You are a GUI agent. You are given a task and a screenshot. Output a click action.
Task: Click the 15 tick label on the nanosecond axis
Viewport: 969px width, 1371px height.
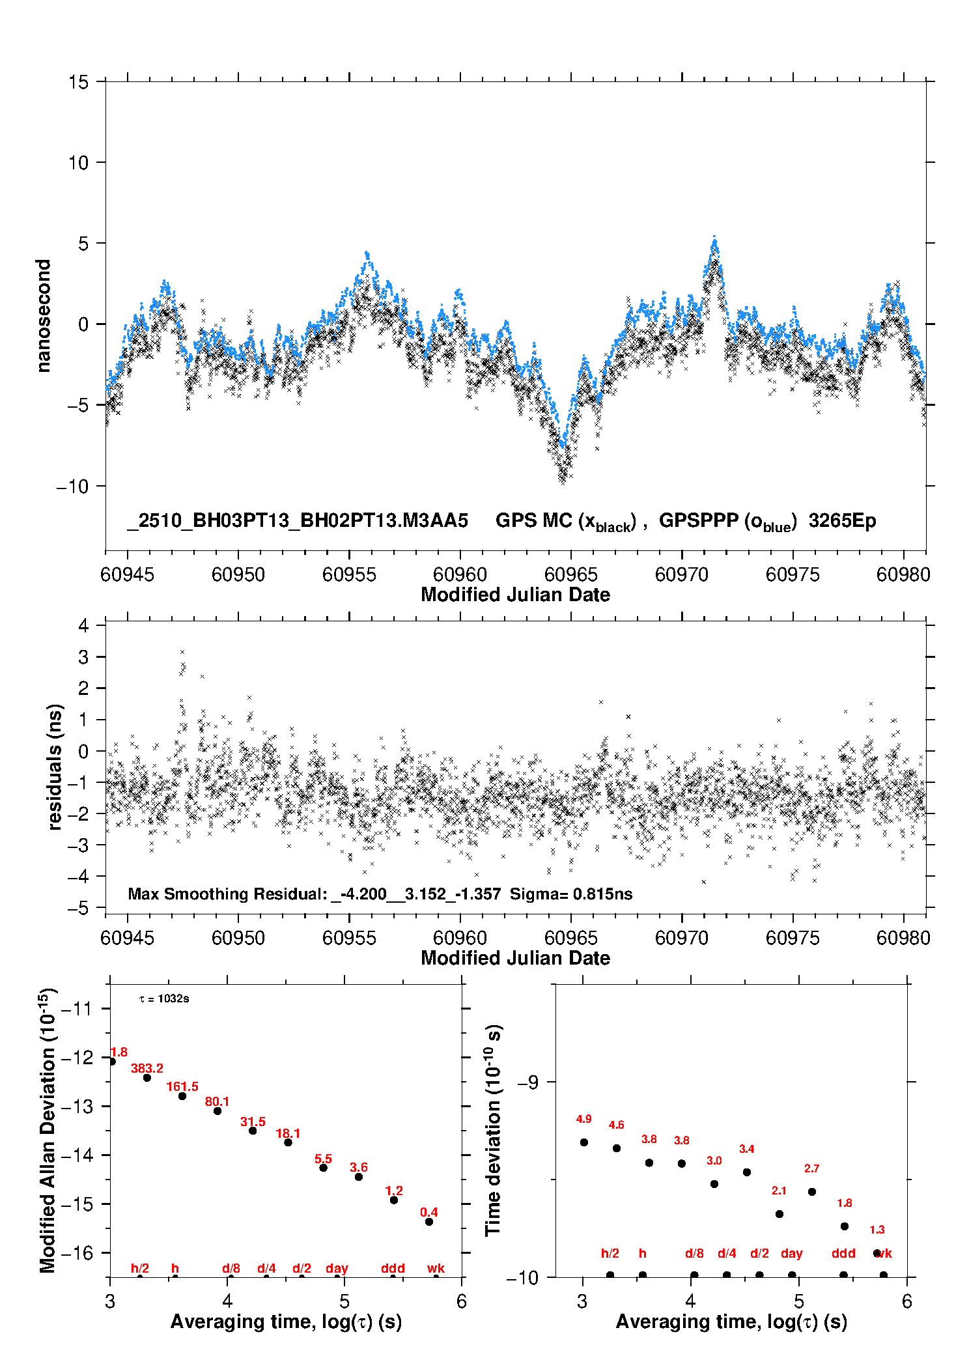click(x=78, y=82)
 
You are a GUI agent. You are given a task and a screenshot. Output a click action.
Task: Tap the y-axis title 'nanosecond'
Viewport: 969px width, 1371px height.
click(x=43, y=316)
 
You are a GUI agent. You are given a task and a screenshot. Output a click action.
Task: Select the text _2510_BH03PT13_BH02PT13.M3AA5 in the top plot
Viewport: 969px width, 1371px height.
click(x=298, y=520)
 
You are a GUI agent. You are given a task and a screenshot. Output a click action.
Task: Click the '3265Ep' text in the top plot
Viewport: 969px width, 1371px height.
click(x=842, y=520)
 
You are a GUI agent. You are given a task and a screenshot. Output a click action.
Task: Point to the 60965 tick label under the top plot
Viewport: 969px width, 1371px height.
click(x=570, y=574)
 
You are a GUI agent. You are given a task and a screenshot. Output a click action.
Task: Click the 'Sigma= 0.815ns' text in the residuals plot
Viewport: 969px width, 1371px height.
click(x=570, y=894)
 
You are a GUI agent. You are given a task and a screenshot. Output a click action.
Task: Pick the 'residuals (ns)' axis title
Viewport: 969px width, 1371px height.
click(x=55, y=767)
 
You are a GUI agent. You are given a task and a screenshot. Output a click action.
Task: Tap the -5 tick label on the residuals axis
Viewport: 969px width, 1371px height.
click(x=78, y=908)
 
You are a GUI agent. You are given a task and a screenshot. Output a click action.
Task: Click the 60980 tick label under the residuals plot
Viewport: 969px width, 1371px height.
click(x=903, y=938)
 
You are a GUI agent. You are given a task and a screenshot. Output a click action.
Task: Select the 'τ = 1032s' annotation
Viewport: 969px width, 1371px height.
click(x=164, y=998)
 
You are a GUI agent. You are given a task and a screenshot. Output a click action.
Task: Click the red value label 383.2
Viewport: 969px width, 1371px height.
click(x=147, y=1068)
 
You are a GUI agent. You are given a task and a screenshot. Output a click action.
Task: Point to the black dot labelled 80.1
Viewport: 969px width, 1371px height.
click(x=218, y=1110)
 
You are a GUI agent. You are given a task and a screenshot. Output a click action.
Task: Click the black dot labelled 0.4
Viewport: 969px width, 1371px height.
click(x=429, y=1222)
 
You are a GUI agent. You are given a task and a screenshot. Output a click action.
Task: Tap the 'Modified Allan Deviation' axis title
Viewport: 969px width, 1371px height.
click(x=47, y=1131)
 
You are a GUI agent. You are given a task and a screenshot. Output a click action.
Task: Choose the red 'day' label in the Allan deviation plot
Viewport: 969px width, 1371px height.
click(x=337, y=1268)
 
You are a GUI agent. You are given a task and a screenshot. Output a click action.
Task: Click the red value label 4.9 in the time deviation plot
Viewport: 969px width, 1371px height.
click(x=583, y=1119)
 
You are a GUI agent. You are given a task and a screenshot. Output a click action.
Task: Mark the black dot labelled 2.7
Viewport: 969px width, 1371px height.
click(x=812, y=1192)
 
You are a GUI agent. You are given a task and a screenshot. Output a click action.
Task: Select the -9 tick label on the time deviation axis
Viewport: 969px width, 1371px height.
click(x=528, y=1082)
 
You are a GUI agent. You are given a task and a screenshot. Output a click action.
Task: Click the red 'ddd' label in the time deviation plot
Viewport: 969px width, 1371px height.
click(x=843, y=1253)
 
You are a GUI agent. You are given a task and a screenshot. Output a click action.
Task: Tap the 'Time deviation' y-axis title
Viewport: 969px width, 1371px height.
click(x=493, y=1131)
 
